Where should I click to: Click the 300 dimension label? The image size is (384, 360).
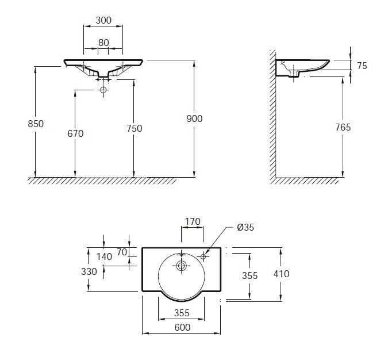(103, 20)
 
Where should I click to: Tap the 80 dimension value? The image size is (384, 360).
(103, 43)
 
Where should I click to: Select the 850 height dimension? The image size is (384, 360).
(36, 124)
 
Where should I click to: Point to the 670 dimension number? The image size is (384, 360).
(75, 133)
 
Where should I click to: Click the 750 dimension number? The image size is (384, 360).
(134, 128)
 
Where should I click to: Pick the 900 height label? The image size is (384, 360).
(194, 118)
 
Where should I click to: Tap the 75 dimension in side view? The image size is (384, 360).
(362, 66)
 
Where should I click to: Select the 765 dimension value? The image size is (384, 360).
(343, 127)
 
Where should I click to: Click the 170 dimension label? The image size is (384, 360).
(193, 221)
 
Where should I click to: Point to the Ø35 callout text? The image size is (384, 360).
(245, 227)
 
